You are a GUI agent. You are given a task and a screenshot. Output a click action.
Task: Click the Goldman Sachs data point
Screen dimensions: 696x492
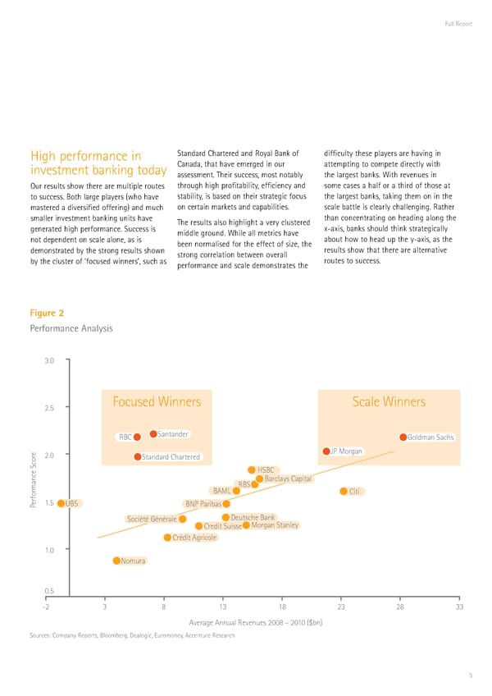(403, 437)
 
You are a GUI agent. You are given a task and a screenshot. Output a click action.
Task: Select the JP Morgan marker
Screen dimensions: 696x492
(326, 451)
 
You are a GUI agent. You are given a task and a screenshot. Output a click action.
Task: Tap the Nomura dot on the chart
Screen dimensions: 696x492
(117, 561)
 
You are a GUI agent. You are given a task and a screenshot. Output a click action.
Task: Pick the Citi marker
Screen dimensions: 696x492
(344, 492)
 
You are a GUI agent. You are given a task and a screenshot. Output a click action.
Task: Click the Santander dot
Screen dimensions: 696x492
(153, 434)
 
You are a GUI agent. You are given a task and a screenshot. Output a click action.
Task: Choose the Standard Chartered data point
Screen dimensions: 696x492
(137, 456)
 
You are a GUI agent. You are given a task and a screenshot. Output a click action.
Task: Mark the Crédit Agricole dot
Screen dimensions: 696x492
(167, 538)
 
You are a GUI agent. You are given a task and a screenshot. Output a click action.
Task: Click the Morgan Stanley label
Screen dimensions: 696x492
(274, 525)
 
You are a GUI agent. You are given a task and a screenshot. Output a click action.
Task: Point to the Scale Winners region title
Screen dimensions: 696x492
(389, 402)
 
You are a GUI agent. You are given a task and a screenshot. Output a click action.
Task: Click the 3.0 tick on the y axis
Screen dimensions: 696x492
(49, 360)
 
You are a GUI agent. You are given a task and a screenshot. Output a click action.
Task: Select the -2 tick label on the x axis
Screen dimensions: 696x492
(47, 607)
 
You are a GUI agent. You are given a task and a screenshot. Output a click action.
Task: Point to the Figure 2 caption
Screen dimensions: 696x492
(47, 313)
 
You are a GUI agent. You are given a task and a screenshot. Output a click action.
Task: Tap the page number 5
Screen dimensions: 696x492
(471, 675)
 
